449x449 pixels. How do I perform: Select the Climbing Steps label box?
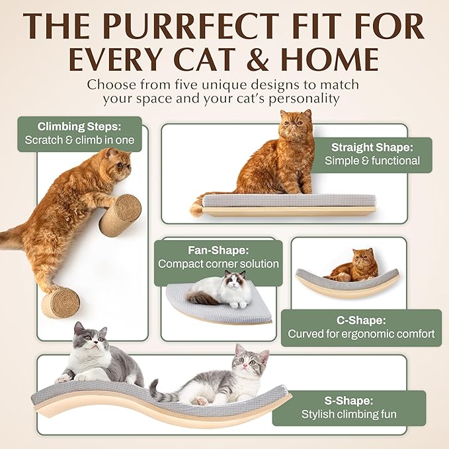(x=79, y=133)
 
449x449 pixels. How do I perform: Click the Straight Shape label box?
(x=372, y=154)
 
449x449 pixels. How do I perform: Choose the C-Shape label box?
(x=361, y=327)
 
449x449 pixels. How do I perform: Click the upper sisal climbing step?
(x=120, y=215)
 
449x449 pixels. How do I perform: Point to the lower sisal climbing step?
(x=61, y=303)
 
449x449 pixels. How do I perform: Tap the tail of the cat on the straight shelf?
(x=196, y=206)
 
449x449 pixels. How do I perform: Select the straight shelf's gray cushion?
(x=288, y=200)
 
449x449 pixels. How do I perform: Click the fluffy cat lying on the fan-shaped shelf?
(x=220, y=290)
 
